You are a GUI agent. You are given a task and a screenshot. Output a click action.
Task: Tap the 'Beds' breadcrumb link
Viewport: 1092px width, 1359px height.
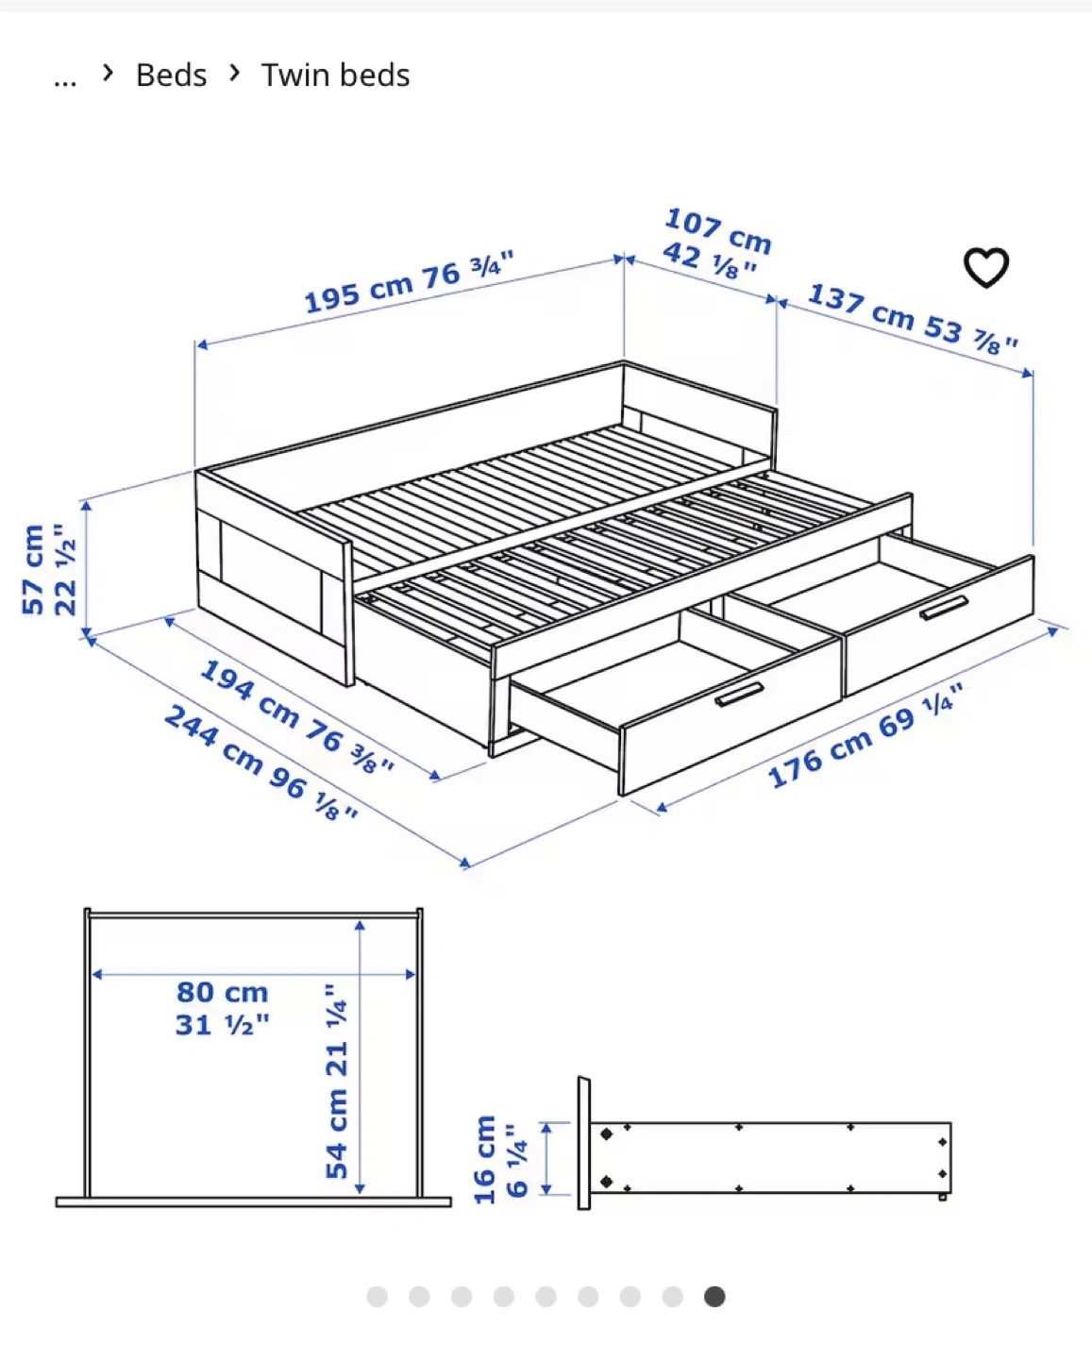tap(171, 75)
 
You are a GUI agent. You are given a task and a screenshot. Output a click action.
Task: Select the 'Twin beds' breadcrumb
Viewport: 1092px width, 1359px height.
tap(335, 75)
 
